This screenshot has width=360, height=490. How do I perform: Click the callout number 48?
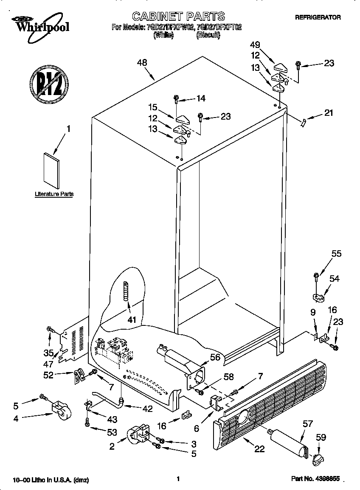(x=142, y=63)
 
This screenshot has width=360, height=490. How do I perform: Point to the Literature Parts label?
(x=54, y=194)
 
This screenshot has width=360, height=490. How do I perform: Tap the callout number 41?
(x=132, y=319)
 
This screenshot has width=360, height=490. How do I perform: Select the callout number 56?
(x=215, y=357)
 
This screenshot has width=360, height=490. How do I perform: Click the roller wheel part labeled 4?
(x=60, y=410)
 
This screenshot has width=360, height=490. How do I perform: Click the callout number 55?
(x=336, y=254)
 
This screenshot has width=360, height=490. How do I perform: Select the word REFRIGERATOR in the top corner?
(x=318, y=17)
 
